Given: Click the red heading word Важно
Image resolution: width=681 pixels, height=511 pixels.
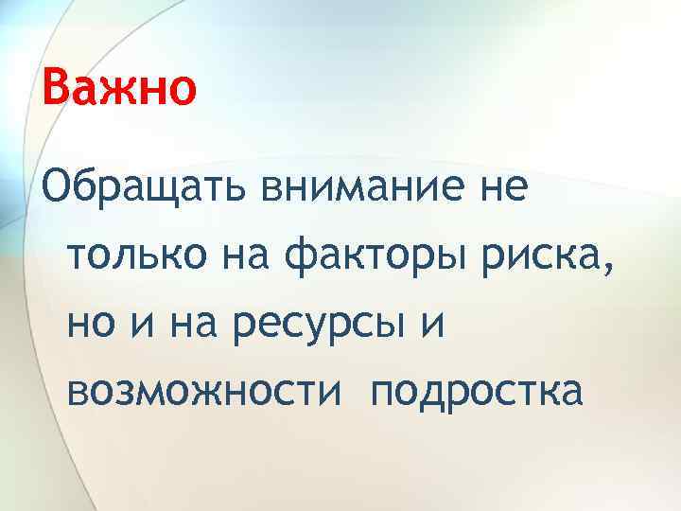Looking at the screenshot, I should coord(119,89).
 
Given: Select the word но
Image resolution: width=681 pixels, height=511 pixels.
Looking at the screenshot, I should coord(92,322).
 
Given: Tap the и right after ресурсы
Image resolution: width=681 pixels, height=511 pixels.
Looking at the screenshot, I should coord(431,322).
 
